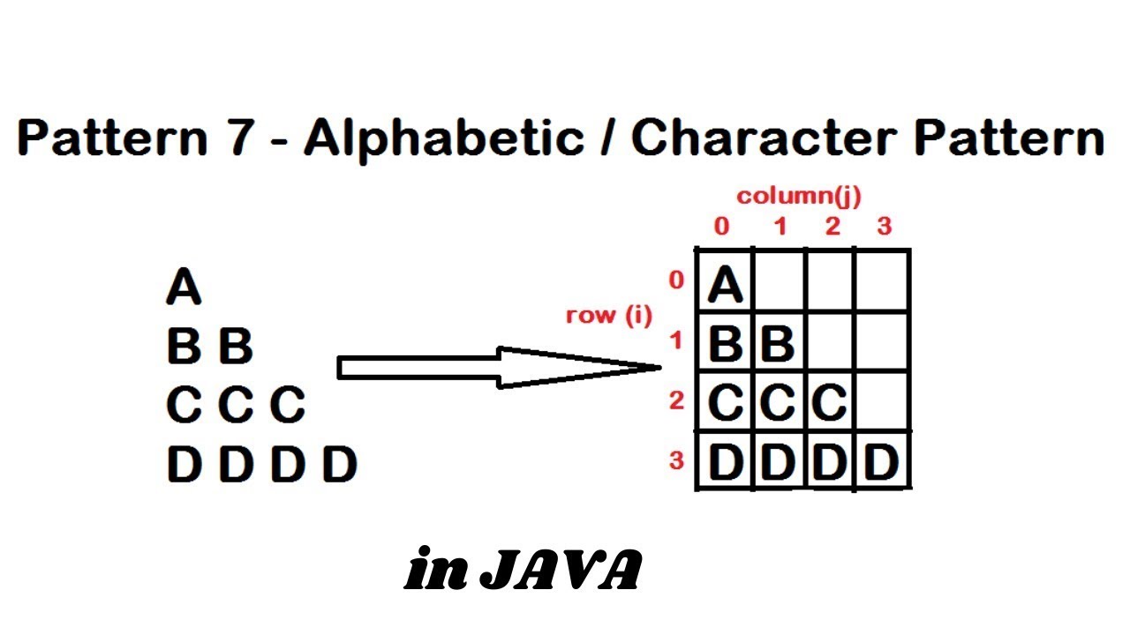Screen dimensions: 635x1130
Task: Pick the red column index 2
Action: tap(832, 227)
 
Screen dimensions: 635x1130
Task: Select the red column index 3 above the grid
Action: tap(884, 227)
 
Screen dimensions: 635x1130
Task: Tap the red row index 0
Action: tap(676, 280)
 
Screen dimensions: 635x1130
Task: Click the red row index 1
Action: tap(676, 340)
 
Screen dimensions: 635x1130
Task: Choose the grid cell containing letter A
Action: tap(726, 282)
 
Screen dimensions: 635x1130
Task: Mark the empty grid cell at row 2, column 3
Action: tap(882, 401)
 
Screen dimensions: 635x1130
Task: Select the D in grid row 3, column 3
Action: tap(881, 462)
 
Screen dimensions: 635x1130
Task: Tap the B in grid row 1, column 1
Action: tap(778, 343)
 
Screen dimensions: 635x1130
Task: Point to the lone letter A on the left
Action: tap(183, 288)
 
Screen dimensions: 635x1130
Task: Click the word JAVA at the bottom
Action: tap(561, 572)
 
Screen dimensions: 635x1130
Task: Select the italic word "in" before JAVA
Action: tap(437, 572)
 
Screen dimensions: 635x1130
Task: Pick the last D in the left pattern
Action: tap(339, 465)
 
